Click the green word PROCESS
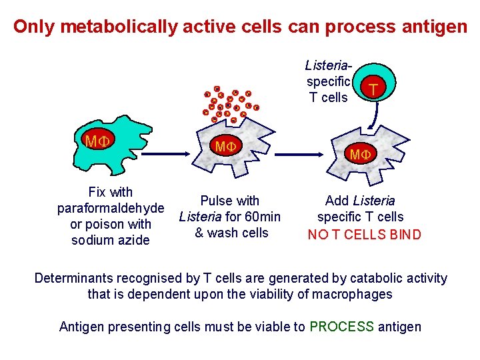pos(342,327)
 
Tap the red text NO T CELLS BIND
pos(364,234)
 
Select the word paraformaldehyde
pos(111,209)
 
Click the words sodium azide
pos(111,240)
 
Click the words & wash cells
pos(231,233)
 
